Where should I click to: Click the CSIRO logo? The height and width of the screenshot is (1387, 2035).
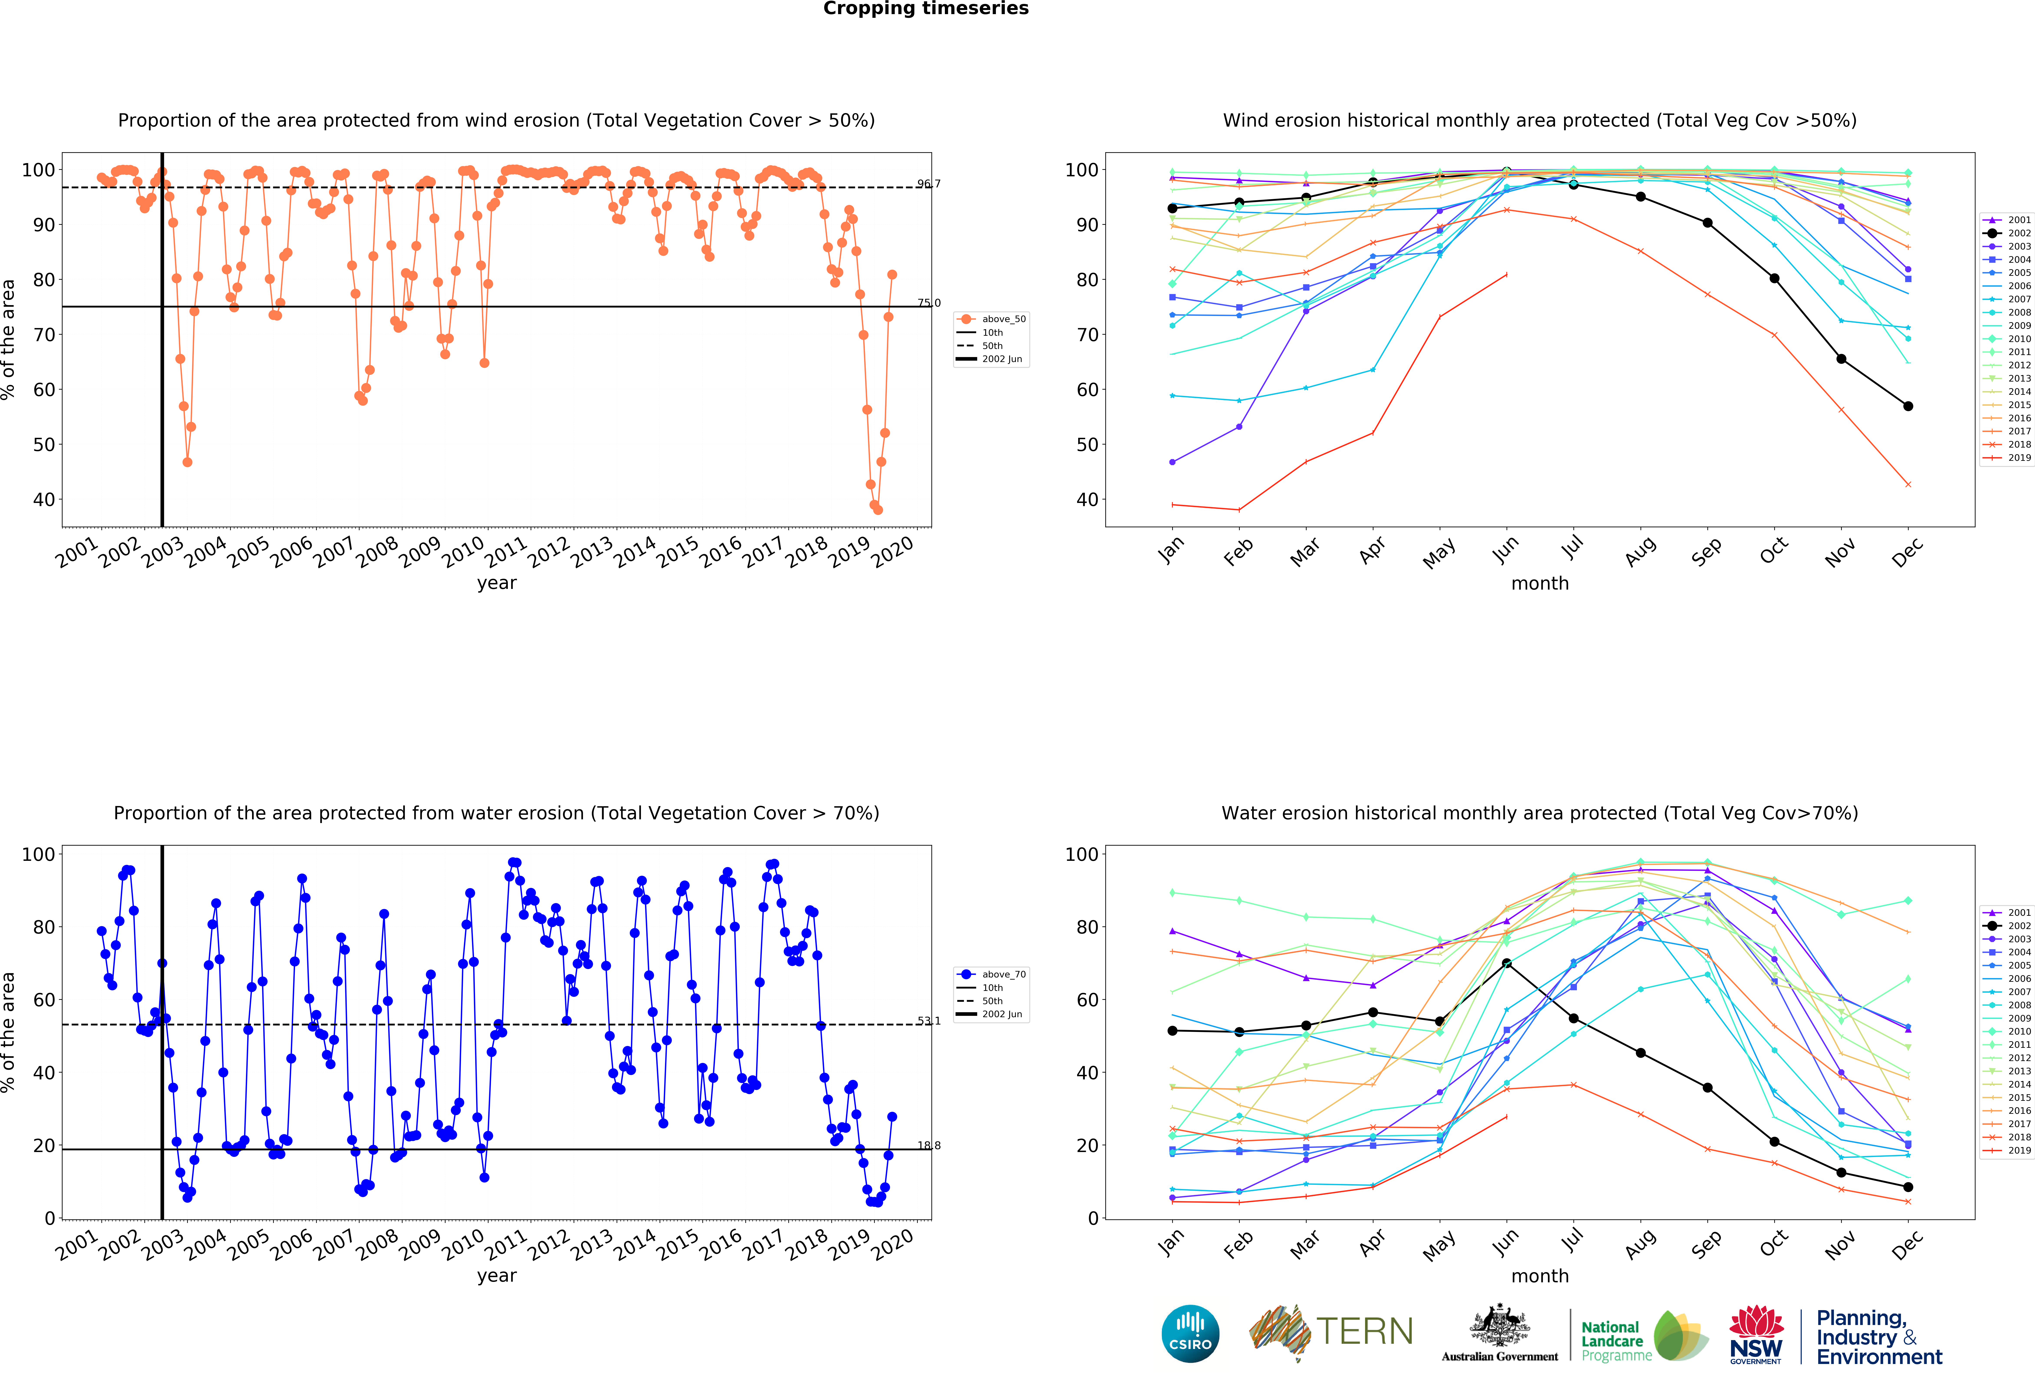coord(1190,1334)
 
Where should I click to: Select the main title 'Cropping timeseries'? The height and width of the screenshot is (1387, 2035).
coord(926,9)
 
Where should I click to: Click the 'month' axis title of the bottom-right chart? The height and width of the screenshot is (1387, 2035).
coord(1539,1276)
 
